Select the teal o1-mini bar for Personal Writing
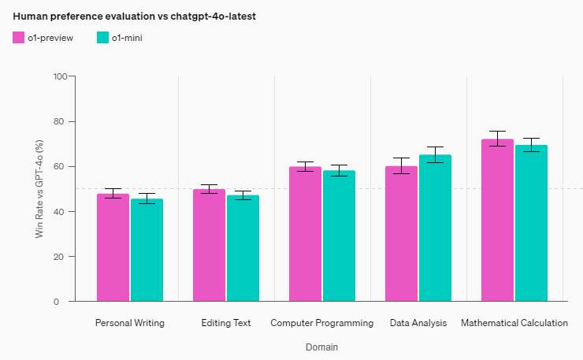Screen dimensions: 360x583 (x=147, y=250)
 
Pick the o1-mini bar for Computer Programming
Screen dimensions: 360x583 (x=339, y=236)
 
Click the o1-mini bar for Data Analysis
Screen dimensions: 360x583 (x=435, y=228)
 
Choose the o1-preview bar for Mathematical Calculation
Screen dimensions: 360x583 (x=497, y=220)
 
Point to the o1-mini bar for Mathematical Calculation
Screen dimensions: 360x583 (x=531, y=223)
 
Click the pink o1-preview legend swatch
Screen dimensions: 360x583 (x=19, y=37)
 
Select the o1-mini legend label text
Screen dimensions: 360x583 (x=127, y=38)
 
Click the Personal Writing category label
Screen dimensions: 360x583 (x=129, y=323)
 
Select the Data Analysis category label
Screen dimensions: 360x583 (x=418, y=323)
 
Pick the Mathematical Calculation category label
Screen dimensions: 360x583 (x=514, y=323)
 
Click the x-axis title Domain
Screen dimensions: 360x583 (x=321, y=347)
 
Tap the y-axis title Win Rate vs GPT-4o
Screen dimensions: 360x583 (x=39, y=188)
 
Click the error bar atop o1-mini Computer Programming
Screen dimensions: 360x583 (x=339, y=170)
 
